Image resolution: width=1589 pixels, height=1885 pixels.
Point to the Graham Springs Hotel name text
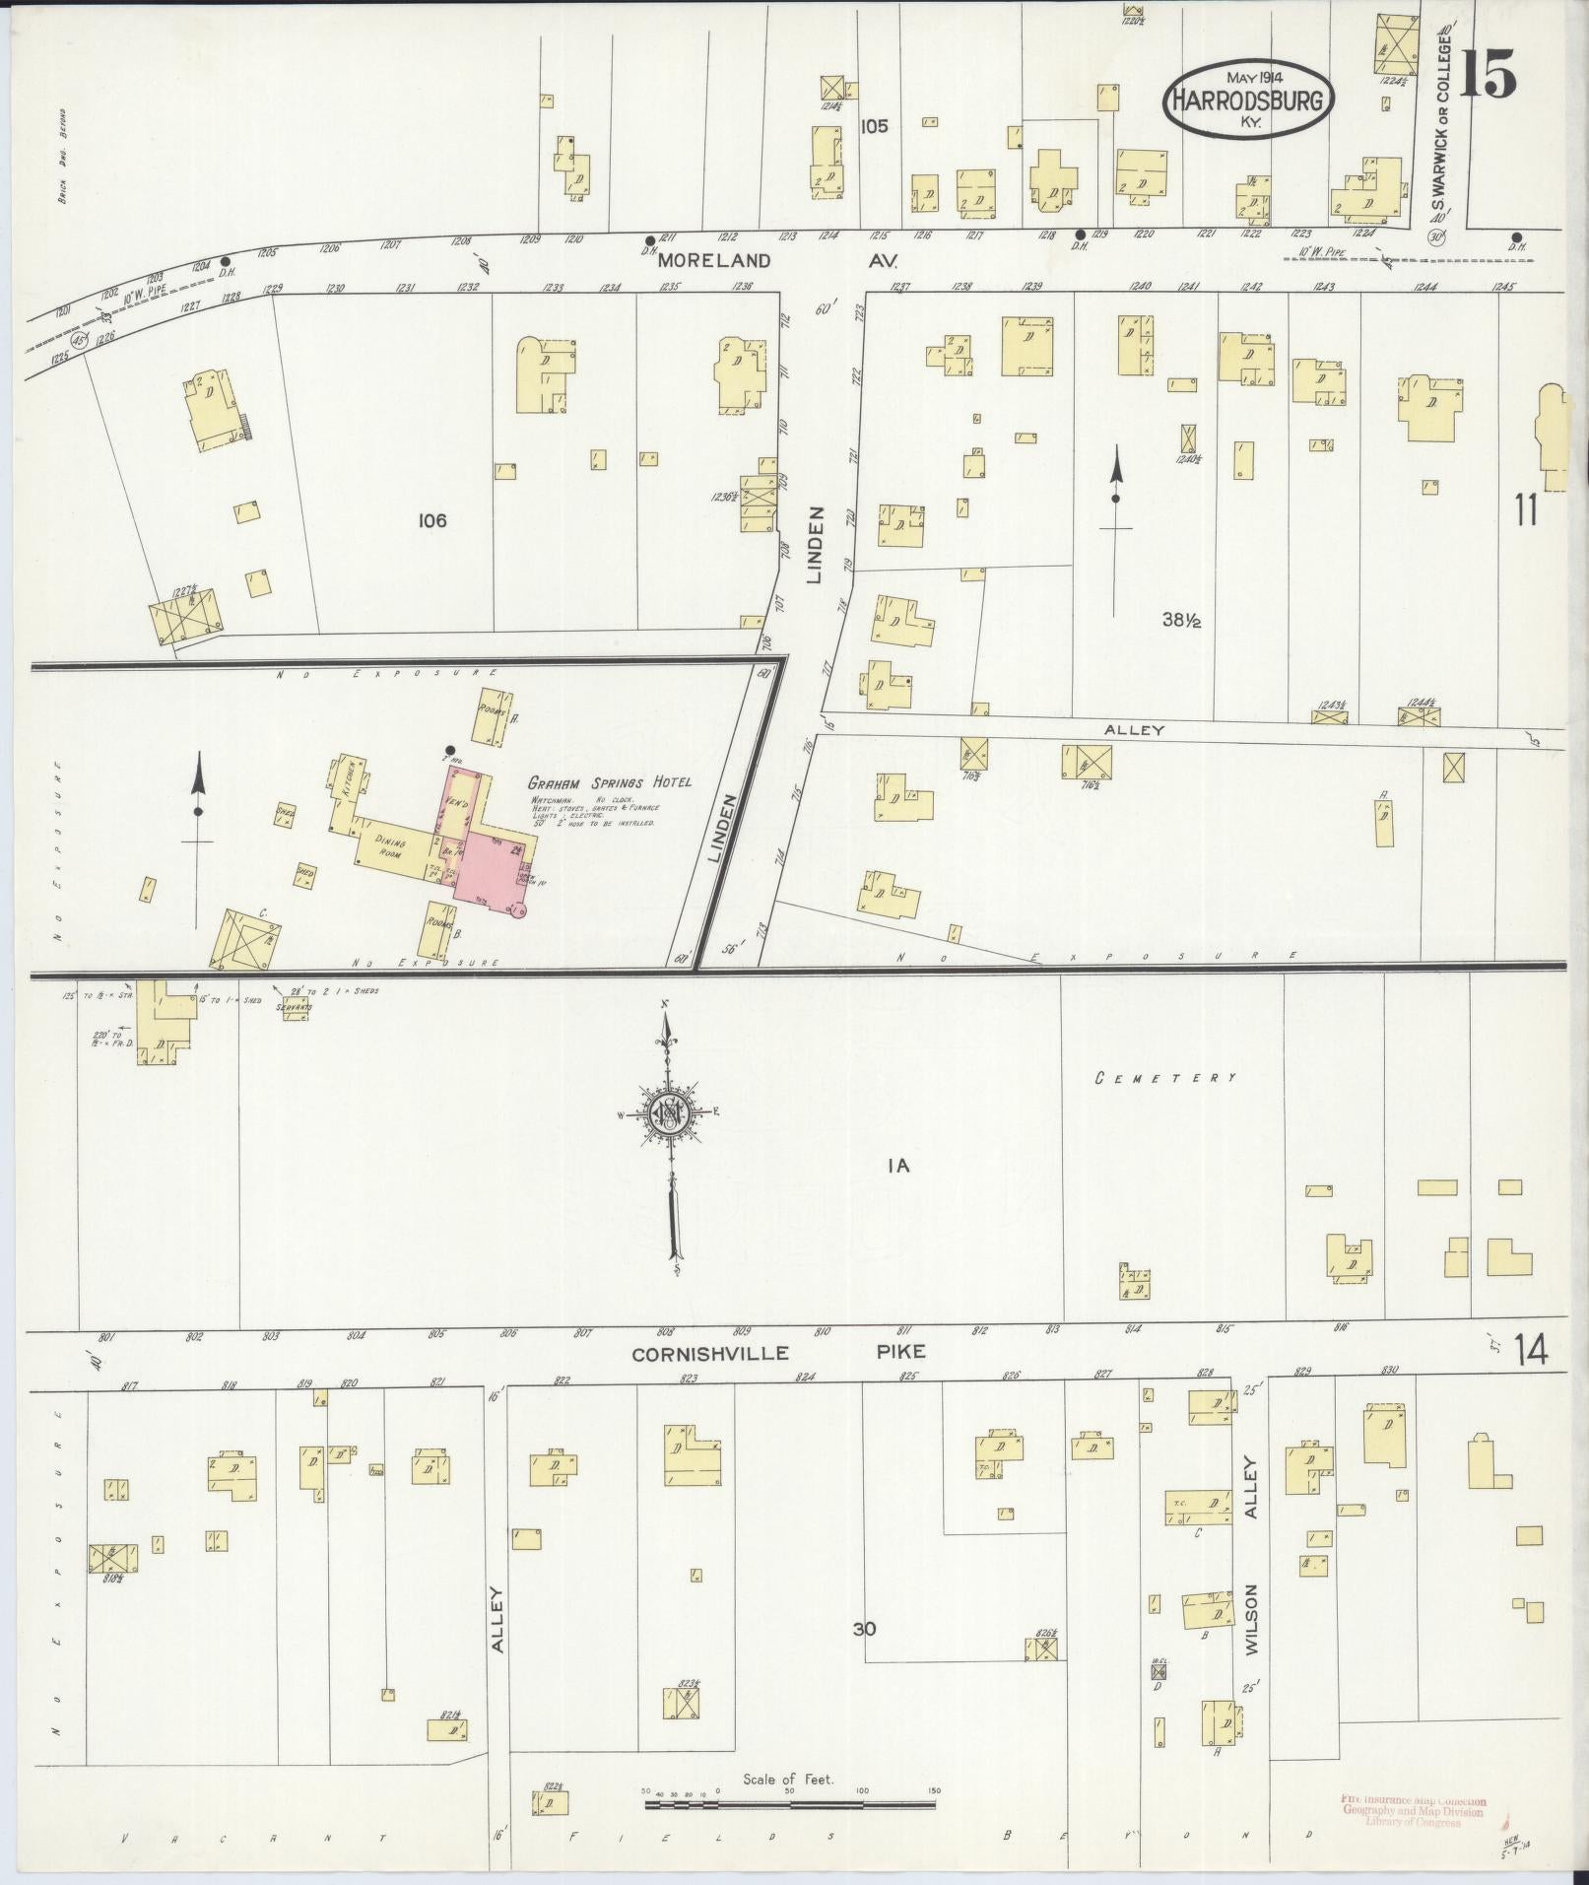(x=611, y=781)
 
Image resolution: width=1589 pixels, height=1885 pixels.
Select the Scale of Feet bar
(x=789, y=1804)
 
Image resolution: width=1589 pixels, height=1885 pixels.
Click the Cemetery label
(x=1165, y=1078)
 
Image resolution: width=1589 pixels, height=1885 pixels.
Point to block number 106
(x=431, y=520)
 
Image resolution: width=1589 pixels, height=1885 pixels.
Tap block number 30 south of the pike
(x=864, y=1629)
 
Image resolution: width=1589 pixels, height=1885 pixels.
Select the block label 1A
(x=896, y=1167)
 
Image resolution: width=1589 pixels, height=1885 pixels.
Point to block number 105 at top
(x=873, y=126)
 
